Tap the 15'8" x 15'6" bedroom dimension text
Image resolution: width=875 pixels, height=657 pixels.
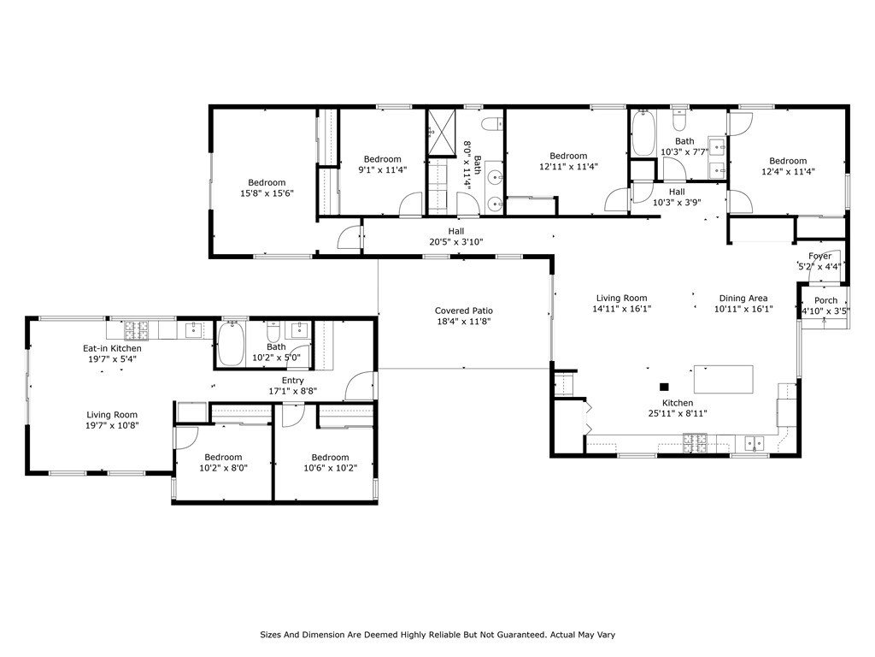pyautogui.click(x=267, y=193)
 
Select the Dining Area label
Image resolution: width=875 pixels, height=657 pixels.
pyautogui.click(x=743, y=299)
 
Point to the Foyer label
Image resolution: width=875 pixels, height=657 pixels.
pyautogui.click(x=819, y=256)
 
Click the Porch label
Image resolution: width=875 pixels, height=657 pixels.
pyautogui.click(x=826, y=300)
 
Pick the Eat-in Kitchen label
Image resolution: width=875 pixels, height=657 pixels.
pyautogui.click(x=112, y=348)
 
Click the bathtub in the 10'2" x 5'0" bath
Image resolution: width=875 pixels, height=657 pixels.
pyautogui.click(x=231, y=343)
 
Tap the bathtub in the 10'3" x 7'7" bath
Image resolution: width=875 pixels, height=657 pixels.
pyautogui.click(x=643, y=133)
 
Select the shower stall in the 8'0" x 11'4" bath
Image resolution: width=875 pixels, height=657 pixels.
pyautogui.click(x=442, y=132)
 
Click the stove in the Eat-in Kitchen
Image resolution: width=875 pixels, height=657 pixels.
pyautogui.click(x=136, y=330)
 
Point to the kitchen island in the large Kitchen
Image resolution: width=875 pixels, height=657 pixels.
pyautogui.click(x=723, y=379)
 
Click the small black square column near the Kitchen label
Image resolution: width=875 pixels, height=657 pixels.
pyautogui.click(x=664, y=387)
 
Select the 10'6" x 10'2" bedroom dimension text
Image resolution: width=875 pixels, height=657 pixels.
pyautogui.click(x=331, y=468)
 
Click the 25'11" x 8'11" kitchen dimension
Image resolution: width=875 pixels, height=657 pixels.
pyautogui.click(x=678, y=413)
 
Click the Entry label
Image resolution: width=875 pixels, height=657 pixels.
pyautogui.click(x=293, y=381)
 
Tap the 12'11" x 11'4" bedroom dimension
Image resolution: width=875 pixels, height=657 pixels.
pyautogui.click(x=568, y=166)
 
